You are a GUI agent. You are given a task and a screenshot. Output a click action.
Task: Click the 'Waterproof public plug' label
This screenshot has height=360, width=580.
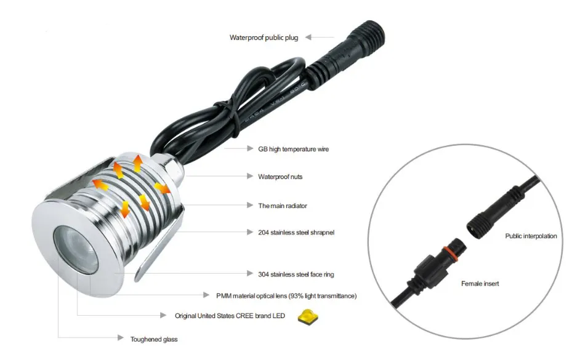(x=264, y=38)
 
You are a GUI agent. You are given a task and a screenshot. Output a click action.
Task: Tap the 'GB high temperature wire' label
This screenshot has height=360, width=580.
(x=293, y=149)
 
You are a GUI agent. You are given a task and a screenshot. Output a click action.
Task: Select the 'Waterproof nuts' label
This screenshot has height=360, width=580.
(x=280, y=177)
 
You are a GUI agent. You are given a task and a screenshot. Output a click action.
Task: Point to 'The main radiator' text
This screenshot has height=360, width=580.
(x=283, y=206)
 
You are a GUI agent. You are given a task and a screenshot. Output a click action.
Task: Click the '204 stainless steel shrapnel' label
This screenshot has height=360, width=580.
(x=296, y=233)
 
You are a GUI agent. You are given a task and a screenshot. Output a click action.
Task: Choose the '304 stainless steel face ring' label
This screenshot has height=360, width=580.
(x=296, y=274)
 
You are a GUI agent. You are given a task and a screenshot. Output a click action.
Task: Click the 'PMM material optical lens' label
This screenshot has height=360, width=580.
(x=286, y=295)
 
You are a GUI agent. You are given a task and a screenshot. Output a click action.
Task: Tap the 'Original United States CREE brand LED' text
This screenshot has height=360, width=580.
(x=230, y=316)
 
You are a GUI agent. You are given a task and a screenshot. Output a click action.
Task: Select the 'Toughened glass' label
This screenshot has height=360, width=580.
(x=154, y=339)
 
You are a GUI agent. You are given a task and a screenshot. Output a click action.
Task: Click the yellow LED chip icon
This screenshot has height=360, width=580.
(x=308, y=317)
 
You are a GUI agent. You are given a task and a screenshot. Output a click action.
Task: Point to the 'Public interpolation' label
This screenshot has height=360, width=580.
(x=531, y=236)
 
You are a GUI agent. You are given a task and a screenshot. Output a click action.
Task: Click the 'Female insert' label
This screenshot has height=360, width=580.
(x=480, y=284)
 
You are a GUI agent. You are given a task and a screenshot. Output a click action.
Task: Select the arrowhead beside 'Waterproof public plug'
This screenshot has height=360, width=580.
(x=308, y=37)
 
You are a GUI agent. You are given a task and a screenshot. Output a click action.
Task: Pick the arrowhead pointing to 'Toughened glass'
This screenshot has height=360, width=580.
(x=121, y=337)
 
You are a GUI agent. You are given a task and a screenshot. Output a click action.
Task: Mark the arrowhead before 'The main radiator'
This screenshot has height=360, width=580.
(x=250, y=205)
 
